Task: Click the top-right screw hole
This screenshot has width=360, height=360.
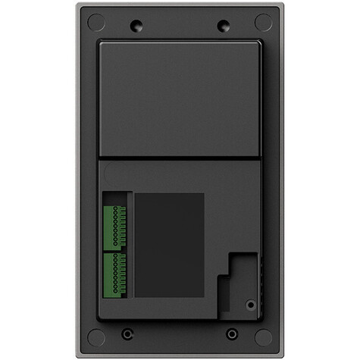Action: pos(222,25)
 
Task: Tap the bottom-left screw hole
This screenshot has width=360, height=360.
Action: pos(127,333)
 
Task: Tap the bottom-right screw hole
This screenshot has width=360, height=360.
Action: pos(232,333)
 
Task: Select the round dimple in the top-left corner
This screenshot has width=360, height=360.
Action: pos(95,22)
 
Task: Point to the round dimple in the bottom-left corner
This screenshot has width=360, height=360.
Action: pos(95,336)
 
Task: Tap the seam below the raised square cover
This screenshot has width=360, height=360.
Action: pos(180,158)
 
